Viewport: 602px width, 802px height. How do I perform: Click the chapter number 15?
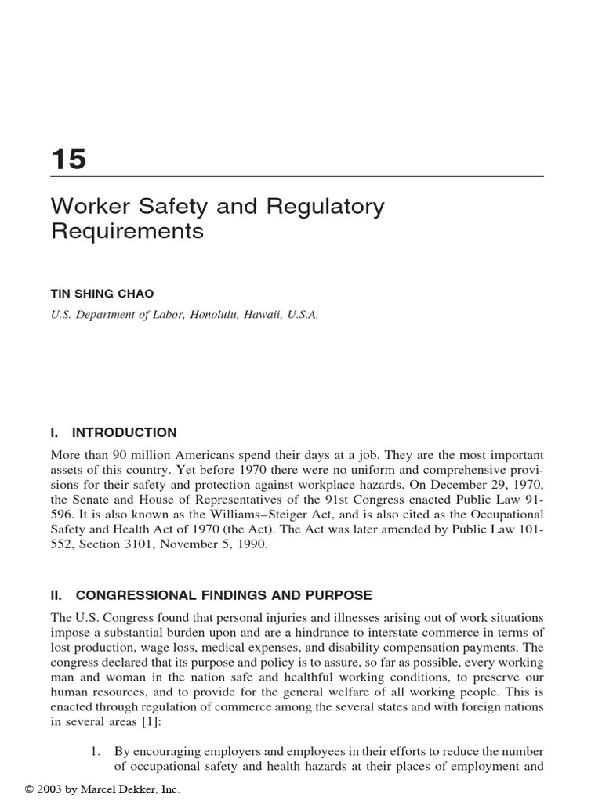tap(68, 159)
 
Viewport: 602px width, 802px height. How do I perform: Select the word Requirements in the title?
tap(127, 232)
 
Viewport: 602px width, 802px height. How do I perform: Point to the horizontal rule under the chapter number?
tap(297, 177)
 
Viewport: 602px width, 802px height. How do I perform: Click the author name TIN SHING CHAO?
tap(103, 293)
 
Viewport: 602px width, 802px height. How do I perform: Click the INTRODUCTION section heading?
tap(124, 432)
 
